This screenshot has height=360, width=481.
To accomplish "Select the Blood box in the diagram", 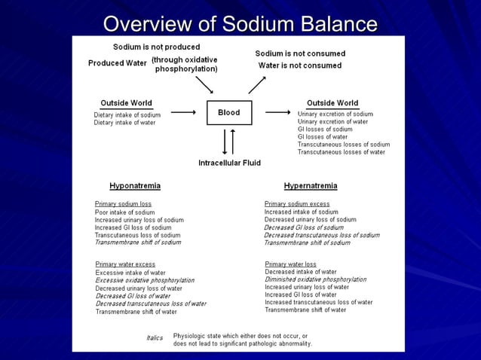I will click(228, 113).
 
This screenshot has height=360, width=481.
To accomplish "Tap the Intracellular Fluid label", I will click(229, 163).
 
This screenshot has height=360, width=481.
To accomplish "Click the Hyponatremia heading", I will click(134, 185).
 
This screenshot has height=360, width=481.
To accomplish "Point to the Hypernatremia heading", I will click(310, 185).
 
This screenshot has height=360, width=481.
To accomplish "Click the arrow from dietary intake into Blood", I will click(183, 113).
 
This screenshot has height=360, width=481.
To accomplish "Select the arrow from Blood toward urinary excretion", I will click(277, 113).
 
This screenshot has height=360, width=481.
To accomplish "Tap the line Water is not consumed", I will click(300, 66).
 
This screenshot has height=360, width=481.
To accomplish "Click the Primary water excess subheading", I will click(125, 264).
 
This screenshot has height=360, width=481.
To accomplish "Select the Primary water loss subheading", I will click(290, 264).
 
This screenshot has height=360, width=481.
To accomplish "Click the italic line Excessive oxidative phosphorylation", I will click(145, 280).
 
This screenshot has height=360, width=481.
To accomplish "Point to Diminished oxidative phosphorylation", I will click(315, 279).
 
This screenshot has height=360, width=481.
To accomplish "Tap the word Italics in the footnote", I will click(154, 338).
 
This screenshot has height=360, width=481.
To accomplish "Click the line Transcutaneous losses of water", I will click(341, 152).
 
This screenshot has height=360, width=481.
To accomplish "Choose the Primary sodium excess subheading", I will click(297, 203).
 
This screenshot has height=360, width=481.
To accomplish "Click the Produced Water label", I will click(117, 63).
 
